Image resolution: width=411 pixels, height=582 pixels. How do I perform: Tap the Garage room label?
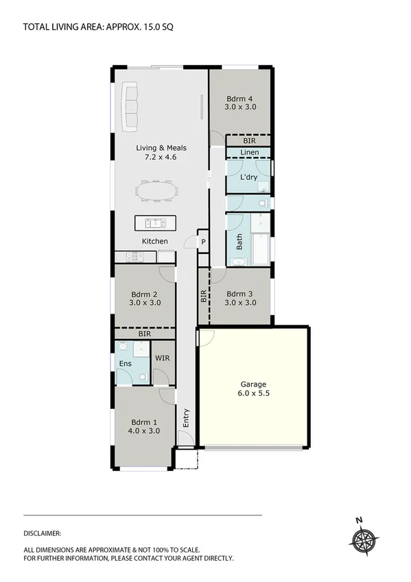tap(253, 384)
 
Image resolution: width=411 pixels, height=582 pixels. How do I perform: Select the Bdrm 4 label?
tap(240, 97)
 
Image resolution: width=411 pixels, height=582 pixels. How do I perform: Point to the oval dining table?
tap(156, 189)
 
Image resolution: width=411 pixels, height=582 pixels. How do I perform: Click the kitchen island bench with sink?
tap(155, 222)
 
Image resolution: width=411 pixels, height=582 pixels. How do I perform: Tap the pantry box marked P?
tap(203, 242)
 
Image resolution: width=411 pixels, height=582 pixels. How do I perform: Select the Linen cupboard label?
tap(249, 152)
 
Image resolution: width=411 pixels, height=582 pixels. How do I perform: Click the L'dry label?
tap(248, 177)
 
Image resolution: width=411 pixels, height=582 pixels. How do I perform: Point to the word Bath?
tap(239, 242)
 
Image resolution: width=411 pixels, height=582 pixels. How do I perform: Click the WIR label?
tap(163, 358)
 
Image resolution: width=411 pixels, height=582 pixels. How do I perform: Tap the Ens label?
tap(125, 363)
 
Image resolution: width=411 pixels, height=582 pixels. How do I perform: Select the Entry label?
tap(185, 417)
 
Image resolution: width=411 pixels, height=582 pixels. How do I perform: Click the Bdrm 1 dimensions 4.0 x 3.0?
tap(144, 431)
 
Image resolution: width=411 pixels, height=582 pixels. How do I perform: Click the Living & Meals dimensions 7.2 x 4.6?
tap(161, 157)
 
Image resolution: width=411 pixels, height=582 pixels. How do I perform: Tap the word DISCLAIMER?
tap(43, 533)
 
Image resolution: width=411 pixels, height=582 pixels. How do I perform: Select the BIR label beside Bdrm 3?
tap(203, 296)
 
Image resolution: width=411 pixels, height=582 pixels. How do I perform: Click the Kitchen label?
tap(155, 242)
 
